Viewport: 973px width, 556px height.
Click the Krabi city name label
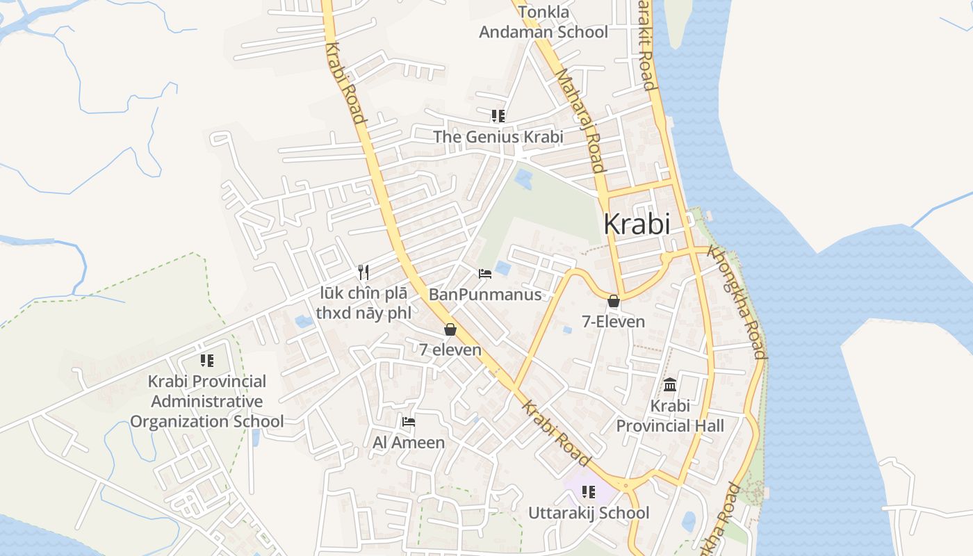pyautogui.click(x=637, y=224)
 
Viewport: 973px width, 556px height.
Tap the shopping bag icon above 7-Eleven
pyautogui.click(x=613, y=301)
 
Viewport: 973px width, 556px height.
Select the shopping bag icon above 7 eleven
pyautogui.click(x=450, y=329)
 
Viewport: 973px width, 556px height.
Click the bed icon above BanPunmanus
pyautogui.click(x=485, y=274)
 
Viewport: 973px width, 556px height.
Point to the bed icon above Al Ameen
pyautogui.click(x=409, y=421)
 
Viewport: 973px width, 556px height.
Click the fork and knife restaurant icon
pyautogui.click(x=363, y=272)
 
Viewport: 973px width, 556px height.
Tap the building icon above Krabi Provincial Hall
pyautogui.click(x=670, y=384)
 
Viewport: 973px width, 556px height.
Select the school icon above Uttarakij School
pyautogui.click(x=589, y=492)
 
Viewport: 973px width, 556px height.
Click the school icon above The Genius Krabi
pyautogui.click(x=498, y=115)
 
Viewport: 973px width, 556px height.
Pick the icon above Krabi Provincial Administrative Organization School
pyautogui.click(x=206, y=360)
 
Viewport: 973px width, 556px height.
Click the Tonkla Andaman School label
pyautogui.click(x=543, y=22)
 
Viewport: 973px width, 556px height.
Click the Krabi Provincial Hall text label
pyautogui.click(x=670, y=416)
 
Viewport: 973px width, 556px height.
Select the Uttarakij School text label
pyautogui.click(x=589, y=513)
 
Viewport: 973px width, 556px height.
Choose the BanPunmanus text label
pyautogui.click(x=485, y=295)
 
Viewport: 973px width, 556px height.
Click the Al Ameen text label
pyautogui.click(x=409, y=442)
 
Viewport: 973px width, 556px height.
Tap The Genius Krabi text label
pyautogui.click(x=498, y=137)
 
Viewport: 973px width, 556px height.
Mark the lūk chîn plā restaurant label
pyautogui.click(x=363, y=303)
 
